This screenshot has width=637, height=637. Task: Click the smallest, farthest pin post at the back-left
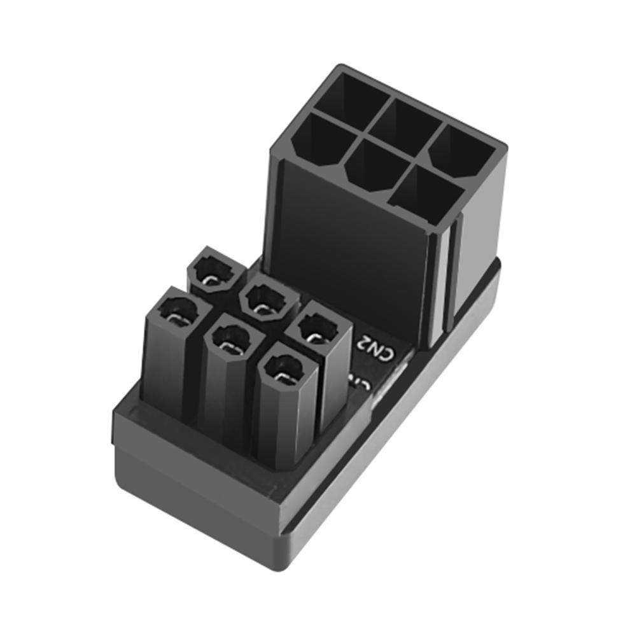tap(216, 272)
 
